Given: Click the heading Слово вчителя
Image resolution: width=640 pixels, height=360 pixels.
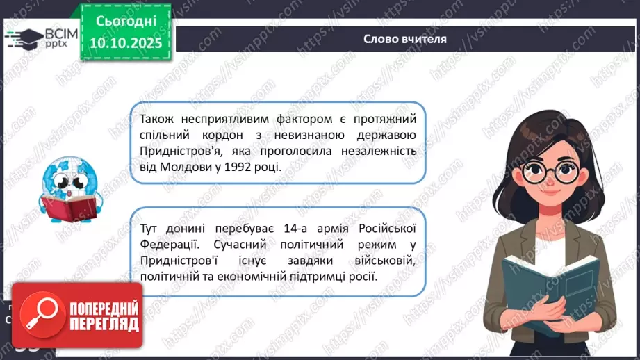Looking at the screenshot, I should [x=404, y=39].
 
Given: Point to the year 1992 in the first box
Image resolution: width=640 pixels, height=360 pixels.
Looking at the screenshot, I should [x=233, y=167].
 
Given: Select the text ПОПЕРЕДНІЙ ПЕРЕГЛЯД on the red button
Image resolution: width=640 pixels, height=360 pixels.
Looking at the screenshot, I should [x=102, y=316].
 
